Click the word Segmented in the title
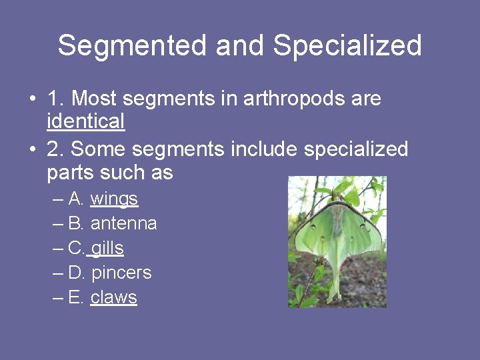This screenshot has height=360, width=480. [x=133, y=46]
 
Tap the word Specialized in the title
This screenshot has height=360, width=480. [x=347, y=46]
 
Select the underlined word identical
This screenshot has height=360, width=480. [x=86, y=121]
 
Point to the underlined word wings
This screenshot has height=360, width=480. [x=114, y=199]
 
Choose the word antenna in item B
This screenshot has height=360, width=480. [x=123, y=223]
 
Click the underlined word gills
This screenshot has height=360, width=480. [x=107, y=248]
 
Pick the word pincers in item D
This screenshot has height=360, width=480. [x=121, y=273]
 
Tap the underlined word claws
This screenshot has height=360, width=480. [x=113, y=297]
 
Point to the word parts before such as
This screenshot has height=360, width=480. [x=70, y=173]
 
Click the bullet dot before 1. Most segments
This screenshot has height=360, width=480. [x=33, y=99]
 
